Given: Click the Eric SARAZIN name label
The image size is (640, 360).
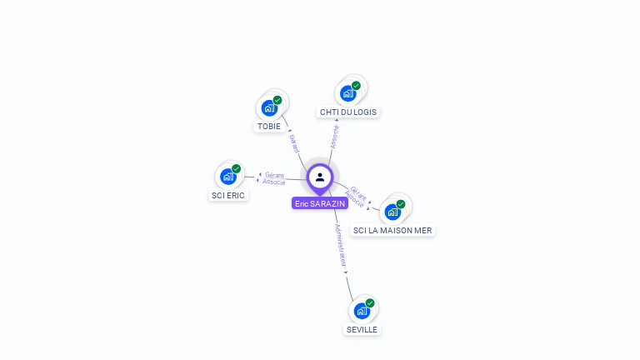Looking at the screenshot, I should [320, 203].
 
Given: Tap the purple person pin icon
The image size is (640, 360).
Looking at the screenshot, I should [320, 177].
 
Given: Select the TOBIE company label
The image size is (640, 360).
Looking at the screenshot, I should [269, 127].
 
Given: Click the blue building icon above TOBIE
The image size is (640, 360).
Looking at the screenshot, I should [269, 108].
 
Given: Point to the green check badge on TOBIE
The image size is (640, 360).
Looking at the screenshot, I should [277, 100].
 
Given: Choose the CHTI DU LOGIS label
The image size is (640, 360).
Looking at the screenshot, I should [348, 112].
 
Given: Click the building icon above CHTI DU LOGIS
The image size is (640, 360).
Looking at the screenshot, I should [348, 93].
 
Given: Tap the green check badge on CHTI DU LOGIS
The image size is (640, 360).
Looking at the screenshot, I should [357, 86].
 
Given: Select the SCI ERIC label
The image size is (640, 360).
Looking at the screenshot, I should [227, 195].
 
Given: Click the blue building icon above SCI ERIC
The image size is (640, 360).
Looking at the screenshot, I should [227, 177].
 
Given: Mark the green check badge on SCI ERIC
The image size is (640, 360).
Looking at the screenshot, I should [237, 169].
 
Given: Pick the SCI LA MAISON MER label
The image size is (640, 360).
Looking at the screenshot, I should [392, 230].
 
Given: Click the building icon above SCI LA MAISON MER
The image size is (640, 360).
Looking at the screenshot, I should [392, 212].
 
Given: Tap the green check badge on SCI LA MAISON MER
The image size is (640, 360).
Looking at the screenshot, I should [401, 204].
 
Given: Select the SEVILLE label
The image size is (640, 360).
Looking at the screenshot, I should [362, 329].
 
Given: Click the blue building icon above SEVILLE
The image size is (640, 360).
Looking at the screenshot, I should [362, 311].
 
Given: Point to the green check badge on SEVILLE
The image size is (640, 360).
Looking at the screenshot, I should [370, 303].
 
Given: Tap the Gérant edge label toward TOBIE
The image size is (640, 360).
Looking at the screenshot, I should [293, 143].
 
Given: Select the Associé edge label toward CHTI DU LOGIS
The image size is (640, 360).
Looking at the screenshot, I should [334, 137].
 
